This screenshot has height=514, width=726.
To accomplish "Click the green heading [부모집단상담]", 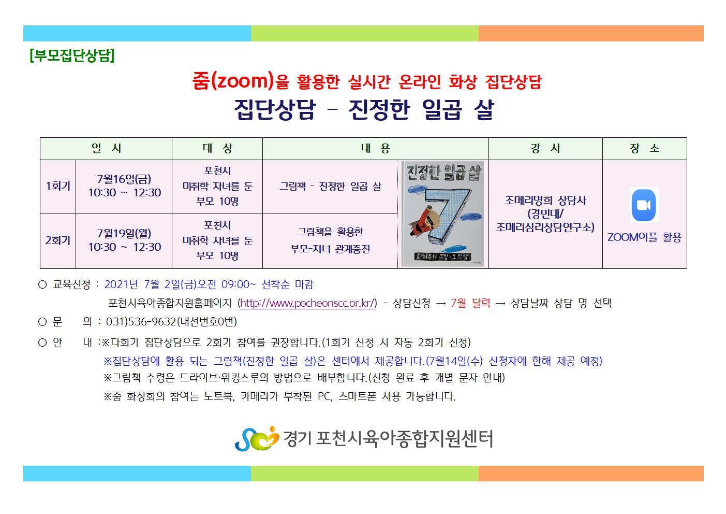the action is point(72,55).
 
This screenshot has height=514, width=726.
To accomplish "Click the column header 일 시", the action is point(106,148).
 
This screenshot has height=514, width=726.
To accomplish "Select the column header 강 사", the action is point(545,148).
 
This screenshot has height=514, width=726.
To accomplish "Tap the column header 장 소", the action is point(644,148).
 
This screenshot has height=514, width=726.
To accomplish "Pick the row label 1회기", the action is point(58,186).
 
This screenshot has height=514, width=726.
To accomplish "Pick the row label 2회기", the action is point(58,240).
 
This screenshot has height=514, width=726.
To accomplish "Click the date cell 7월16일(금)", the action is point(124,179).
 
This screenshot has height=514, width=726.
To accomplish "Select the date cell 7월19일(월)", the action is point(124,233).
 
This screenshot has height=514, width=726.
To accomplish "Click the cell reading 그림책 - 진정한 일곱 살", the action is point(330,186).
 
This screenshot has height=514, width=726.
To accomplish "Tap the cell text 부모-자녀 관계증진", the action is point(330,249).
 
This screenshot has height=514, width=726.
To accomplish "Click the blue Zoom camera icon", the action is point(644,205).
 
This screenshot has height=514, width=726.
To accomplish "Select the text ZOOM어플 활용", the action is point(644,237).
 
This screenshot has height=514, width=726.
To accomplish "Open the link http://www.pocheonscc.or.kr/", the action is point(307,303).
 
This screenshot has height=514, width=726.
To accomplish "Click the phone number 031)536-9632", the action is point(141,322).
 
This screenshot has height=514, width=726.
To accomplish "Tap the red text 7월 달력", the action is point(470,303).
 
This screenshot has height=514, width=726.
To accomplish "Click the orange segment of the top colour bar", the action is point(591,34).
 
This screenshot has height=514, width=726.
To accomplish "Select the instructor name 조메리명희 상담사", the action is point(545,201).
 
